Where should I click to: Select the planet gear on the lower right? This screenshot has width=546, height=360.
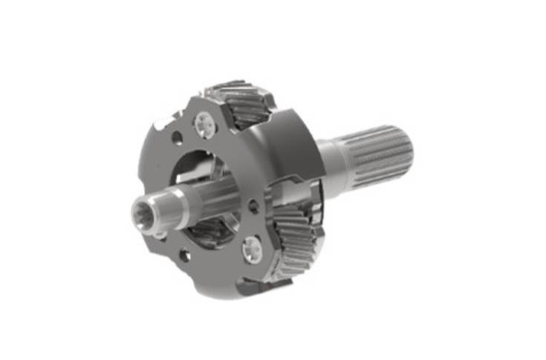(297, 238)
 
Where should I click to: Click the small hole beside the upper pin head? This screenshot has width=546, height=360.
(176, 137)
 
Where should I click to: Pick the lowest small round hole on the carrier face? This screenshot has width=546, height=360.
(184, 256)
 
